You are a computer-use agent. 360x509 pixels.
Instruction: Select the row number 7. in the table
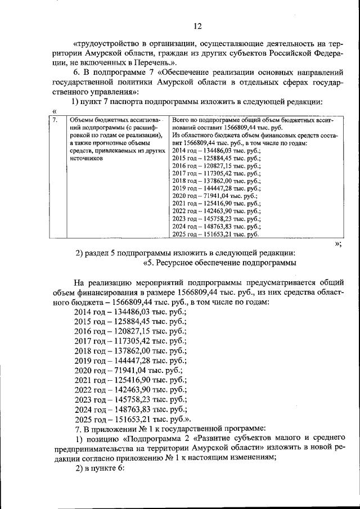point(55,120)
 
